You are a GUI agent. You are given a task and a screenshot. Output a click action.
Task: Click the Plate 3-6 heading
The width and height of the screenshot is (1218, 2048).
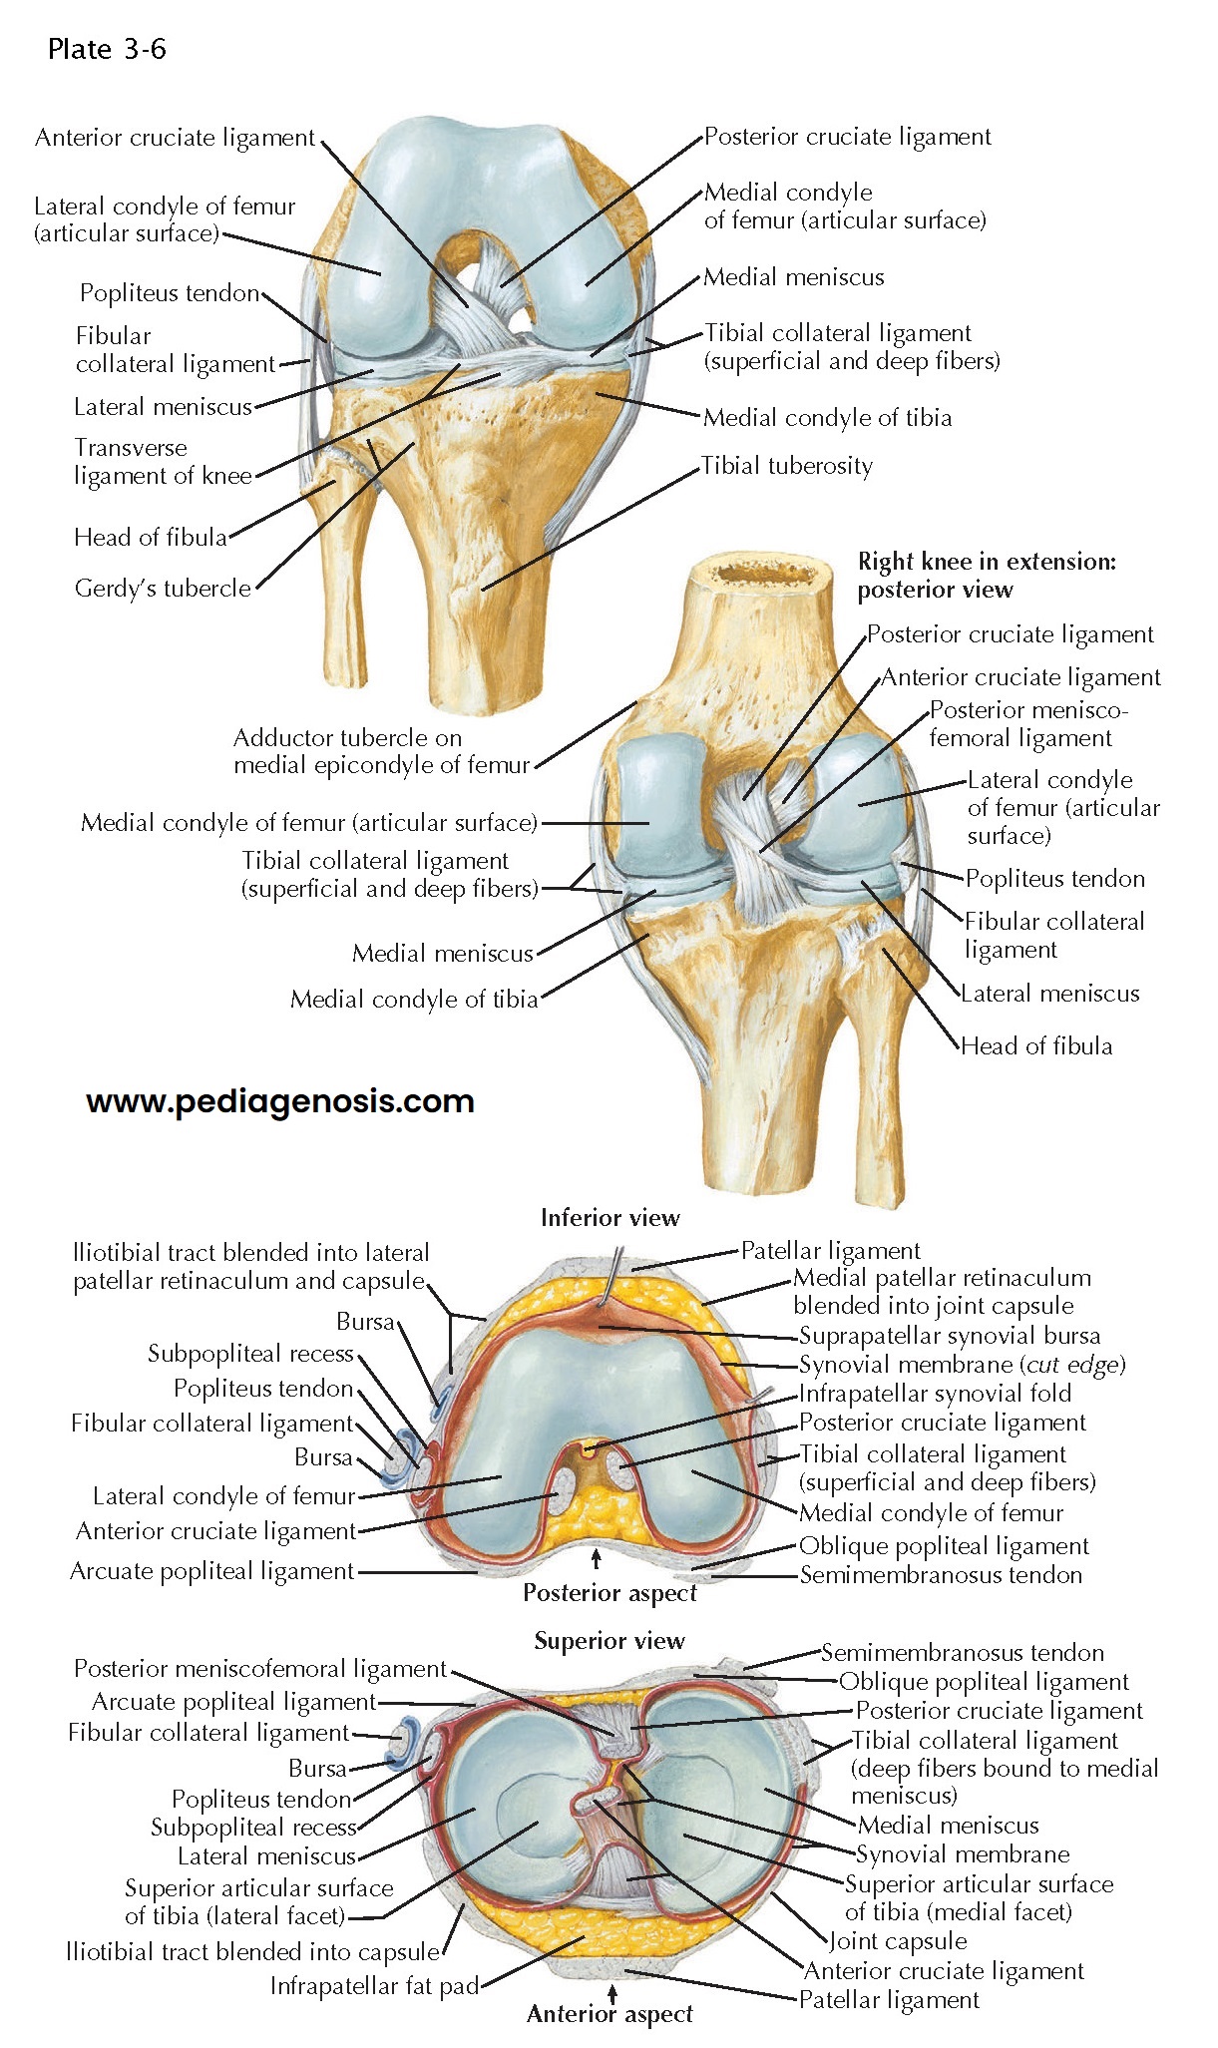click(x=107, y=49)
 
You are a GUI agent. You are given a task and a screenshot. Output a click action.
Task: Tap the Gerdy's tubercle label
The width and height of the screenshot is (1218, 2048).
click(x=163, y=589)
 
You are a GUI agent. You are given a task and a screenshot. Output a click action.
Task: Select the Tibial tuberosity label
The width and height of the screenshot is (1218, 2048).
click(x=787, y=466)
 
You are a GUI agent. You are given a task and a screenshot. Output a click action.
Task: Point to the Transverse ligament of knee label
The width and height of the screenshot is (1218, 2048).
click(x=163, y=462)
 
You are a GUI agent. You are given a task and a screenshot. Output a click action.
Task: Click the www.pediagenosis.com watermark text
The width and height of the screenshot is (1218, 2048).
click(x=280, y=1101)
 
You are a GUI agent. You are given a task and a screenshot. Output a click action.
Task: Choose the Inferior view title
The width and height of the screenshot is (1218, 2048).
click(x=609, y=1218)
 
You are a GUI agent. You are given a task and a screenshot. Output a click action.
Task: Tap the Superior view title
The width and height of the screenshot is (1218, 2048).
click(x=609, y=1641)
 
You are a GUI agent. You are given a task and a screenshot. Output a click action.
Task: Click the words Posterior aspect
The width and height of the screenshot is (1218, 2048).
click(x=609, y=1593)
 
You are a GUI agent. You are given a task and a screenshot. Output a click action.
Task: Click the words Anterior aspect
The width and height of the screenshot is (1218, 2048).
click(x=609, y=2014)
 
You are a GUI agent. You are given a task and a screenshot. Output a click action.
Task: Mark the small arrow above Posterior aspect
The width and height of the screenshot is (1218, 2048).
click(x=597, y=1558)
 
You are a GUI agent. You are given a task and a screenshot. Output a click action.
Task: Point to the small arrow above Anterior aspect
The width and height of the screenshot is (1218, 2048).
click(x=611, y=1990)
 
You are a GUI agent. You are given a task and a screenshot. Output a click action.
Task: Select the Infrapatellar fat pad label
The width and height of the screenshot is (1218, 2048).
click(x=374, y=1986)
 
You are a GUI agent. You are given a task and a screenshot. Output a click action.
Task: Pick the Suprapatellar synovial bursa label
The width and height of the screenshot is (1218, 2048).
click(x=950, y=1336)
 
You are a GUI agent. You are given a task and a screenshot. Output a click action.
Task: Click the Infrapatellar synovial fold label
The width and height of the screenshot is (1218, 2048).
click(x=935, y=1394)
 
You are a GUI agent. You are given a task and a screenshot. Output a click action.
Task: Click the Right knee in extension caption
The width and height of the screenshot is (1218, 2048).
click(x=987, y=576)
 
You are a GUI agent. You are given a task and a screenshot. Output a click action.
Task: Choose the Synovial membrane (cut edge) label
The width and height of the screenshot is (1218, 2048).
click(x=962, y=1365)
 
